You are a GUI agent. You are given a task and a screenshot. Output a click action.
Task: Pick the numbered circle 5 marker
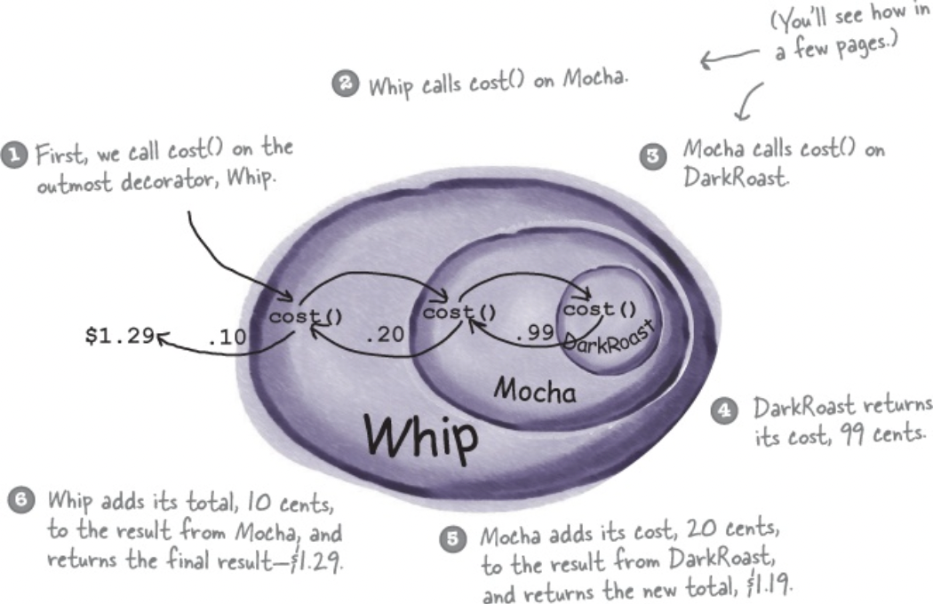click(453, 538)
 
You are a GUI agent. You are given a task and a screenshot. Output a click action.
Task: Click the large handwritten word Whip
click(422, 435)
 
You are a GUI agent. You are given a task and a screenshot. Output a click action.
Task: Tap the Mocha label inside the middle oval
click(534, 390)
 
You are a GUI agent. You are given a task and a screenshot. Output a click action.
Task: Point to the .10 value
click(227, 337)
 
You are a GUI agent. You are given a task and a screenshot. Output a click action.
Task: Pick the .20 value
click(387, 337)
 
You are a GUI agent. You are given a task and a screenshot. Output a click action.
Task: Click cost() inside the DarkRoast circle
click(601, 310)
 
